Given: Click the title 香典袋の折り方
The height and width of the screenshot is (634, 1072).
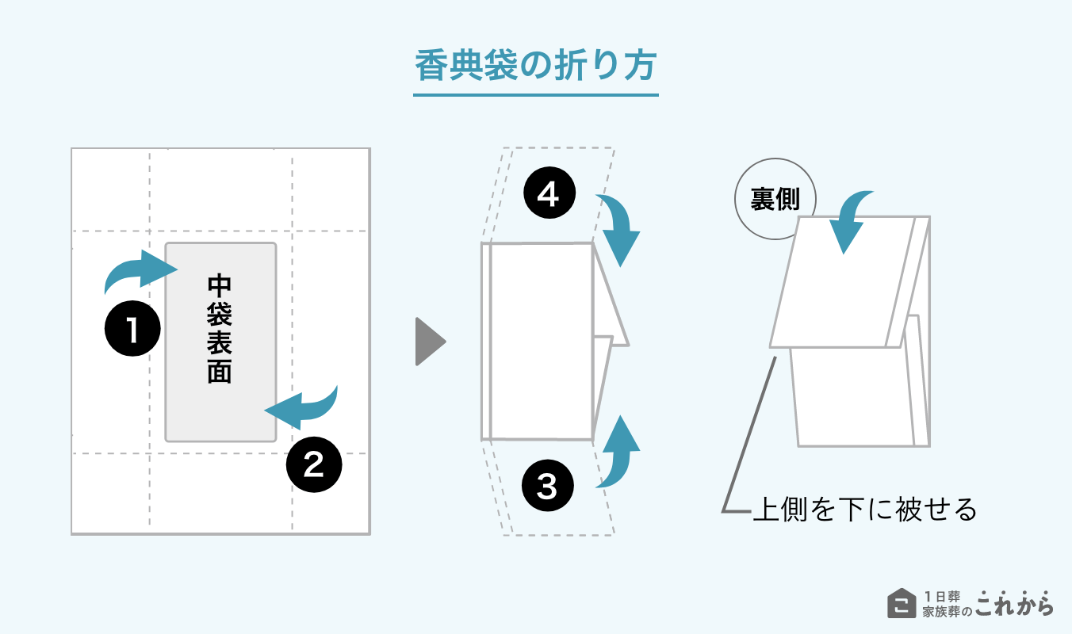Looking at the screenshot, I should [x=536, y=66].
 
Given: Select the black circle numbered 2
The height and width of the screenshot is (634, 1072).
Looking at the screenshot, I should [x=313, y=465].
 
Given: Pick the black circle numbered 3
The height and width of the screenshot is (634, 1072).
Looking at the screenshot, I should [x=548, y=486].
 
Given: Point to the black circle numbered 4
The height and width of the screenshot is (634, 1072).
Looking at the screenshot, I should [x=548, y=195].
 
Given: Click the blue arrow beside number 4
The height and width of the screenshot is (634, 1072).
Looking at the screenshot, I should [x=619, y=229].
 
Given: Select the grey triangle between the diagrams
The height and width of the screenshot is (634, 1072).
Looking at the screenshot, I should [x=429, y=342].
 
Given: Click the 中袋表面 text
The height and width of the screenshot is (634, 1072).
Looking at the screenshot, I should [x=220, y=330].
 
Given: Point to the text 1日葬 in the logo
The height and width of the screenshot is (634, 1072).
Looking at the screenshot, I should [x=941, y=595].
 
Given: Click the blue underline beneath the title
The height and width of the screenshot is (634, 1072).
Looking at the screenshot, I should [x=536, y=95].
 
